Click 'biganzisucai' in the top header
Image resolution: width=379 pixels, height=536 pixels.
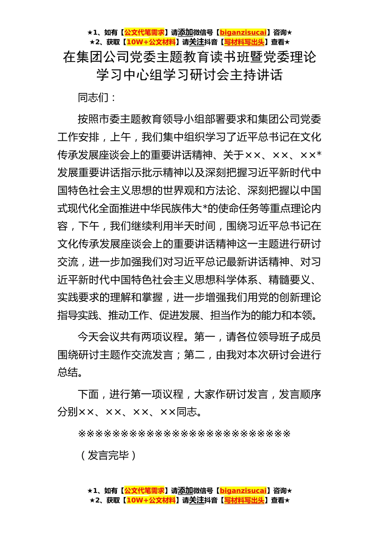pyautogui.click(x=243, y=32)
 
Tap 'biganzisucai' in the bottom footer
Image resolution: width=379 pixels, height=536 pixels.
pyautogui.click(x=243, y=491)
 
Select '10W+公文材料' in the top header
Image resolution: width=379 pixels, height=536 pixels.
pyautogui.click(x=151, y=42)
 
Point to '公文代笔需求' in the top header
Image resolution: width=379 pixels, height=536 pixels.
pyautogui.click(x=144, y=32)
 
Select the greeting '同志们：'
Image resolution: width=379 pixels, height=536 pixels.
pyautogui.click(x=97, y=97)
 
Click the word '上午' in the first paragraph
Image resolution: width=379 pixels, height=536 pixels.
pyautogui.click(x=120, y=137)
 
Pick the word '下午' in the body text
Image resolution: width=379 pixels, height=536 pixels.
pyautogui.click(x=89, y=226)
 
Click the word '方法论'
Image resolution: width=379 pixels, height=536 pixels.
pyautogui.click(x=221, y=191)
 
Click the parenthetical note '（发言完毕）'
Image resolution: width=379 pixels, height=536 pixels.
pyautogui.click(x=108, y=455)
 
